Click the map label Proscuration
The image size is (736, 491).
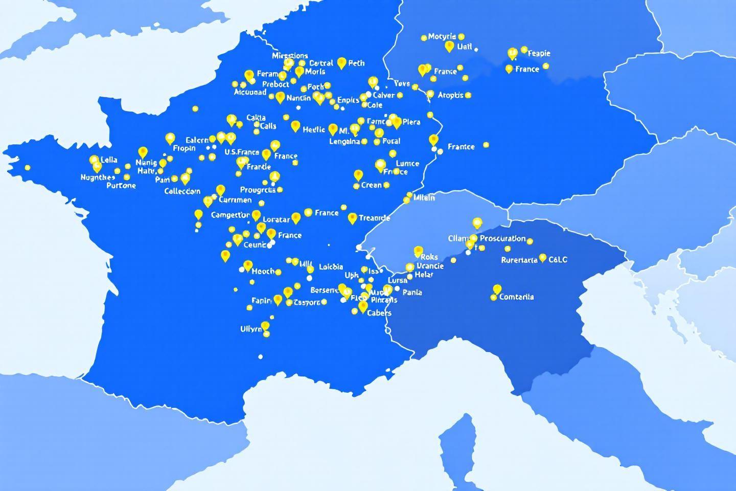[x=502, y=238]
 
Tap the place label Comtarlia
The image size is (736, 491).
[x=516, y=297]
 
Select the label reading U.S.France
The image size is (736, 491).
[x=242, y=152]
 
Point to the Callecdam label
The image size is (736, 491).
[x=182, y=191]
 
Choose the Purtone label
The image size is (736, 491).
[x=121, y=186]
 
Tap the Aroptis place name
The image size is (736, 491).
[x=450, y=95]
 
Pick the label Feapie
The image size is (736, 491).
[x=539, y=53]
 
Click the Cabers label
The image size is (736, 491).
[x=379, y=313]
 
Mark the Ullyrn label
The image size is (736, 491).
[x=251, y=329]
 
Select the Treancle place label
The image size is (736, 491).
[x=374, y=218]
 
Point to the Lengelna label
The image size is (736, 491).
[x=344, y=142]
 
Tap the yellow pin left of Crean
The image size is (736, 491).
[x=358, y=175]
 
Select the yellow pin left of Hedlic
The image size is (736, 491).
[x=295, y=126]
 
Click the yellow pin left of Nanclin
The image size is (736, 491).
[x=280, y=97]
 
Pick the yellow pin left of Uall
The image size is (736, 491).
[x=449, y=47]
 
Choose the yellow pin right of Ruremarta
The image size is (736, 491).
[x=543, y=258]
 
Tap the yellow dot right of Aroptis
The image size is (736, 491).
[x=468, y=95]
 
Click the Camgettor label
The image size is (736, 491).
[x=230, y=215]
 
